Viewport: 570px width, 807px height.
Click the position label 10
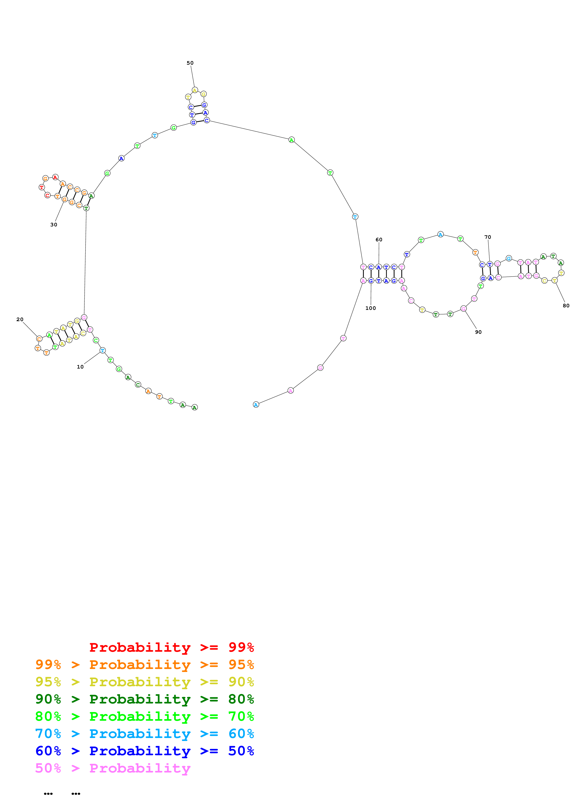tap(80, 367)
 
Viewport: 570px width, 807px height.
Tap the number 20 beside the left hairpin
tap(20, 320)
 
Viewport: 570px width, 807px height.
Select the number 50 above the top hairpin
tap(190, 63)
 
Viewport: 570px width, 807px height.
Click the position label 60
tap(379, 240)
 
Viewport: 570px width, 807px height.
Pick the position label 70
tap(487, 237)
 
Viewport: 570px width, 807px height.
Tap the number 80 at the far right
tap(565, 306)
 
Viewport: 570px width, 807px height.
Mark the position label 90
tap(478, 332)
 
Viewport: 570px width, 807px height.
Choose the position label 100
tap(370, 308)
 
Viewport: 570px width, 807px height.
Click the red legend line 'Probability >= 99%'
tap(171, 647)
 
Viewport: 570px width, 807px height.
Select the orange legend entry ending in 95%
tap(145, 664)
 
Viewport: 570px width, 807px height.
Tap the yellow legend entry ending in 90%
tap(145, 682)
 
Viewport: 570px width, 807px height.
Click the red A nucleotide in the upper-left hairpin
tap(55, 177)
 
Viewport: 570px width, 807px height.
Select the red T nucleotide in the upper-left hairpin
tap(41, 187)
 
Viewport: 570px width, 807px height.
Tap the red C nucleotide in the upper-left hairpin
tap(47, 195)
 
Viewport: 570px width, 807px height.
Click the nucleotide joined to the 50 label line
tap(195, 90)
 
